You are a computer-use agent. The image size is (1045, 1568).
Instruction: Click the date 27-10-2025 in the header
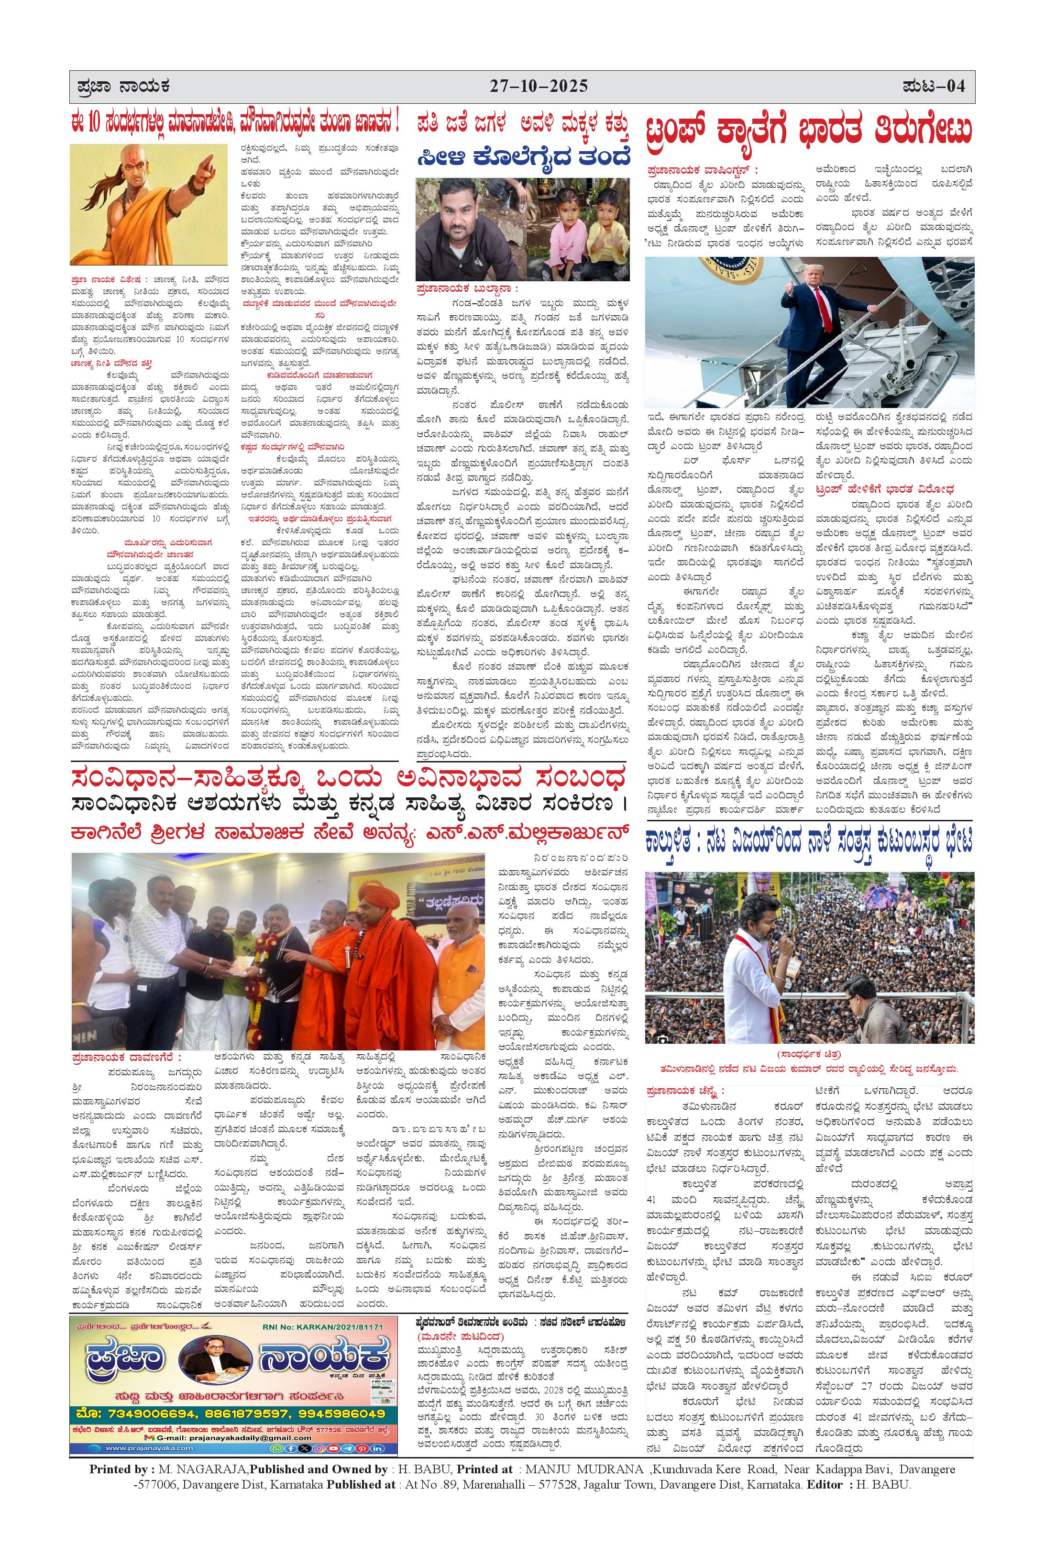pyautogui.click(x=539, y=87)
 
